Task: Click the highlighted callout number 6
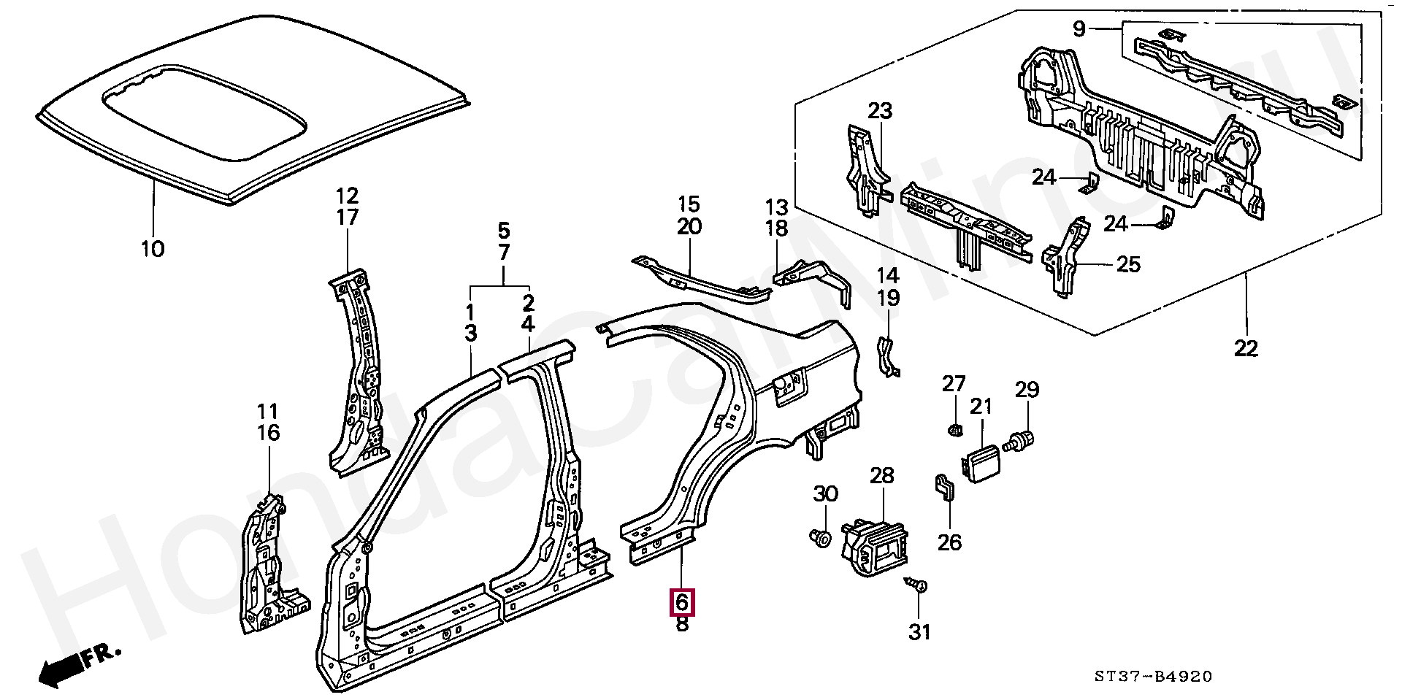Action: pos(682,603)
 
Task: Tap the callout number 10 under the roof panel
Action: pos(153,249)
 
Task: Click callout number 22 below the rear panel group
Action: pos(1246,349)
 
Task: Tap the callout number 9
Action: pos(1080,29)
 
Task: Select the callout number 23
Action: pos(881,111)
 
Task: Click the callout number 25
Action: pos(1129,264)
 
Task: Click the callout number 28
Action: pos(882,476)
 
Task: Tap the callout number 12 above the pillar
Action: pos(348,196)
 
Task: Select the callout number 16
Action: pos(269,433)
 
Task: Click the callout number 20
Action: pos(689,226)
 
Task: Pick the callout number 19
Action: pos(888,298)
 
